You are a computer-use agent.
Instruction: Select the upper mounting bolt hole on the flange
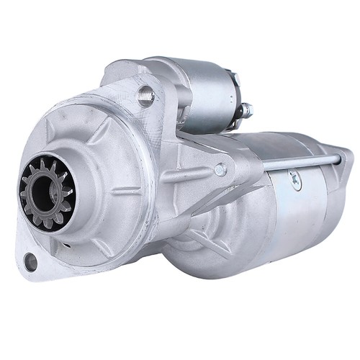147,94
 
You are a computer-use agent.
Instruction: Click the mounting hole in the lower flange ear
30,262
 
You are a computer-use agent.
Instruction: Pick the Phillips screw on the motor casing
295,183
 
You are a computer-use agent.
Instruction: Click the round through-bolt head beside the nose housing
220,170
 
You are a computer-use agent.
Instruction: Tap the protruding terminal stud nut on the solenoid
246,110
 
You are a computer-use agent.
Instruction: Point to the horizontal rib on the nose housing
122,191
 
